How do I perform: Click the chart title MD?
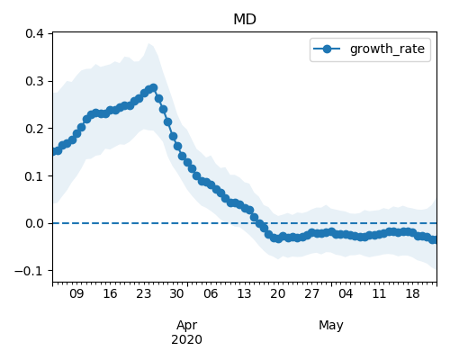pyautogui.click(x=245, y=20)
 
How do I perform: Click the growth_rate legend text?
pyautogui.click(x=387, y=49)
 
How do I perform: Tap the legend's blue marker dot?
pyautogui.click(x=327, y=49)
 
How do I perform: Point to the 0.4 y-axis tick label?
pyautogui.click(x=34, y=33)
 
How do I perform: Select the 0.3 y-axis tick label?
pyautogui.click(x=34, y=81)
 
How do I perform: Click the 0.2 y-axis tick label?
pyautogui.click(x=34, y=129)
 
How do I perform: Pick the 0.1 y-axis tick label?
pyautogui.click(x=34, y=176)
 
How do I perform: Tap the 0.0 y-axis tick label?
pyautogui.click(x=34, y=223)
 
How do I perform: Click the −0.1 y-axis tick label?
pyautogui.click(x=29, y=271)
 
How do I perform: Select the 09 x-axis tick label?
pyautogui.click(x=76, y=293)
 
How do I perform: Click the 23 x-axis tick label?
pyautogui.click(x=143, y=293)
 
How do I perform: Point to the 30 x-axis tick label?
pyautogui.click(x=176, y=293)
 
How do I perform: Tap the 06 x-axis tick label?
pyautogui.click(x=211, y=293)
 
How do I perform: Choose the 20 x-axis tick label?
pyautogui.click(x=277, y=293)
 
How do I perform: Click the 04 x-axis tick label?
pyautogui.click(x=346, y=293)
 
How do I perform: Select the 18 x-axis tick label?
pyautogui.click(x=412, y=293)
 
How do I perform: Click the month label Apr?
pyautogui.click(x=186, y=326)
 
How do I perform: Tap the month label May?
pyautogui.click(x=331, y=326)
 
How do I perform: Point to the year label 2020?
pyautogui.click(x=186, y=340)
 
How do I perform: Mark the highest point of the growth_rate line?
pyautogui.click(x=154, y=87)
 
